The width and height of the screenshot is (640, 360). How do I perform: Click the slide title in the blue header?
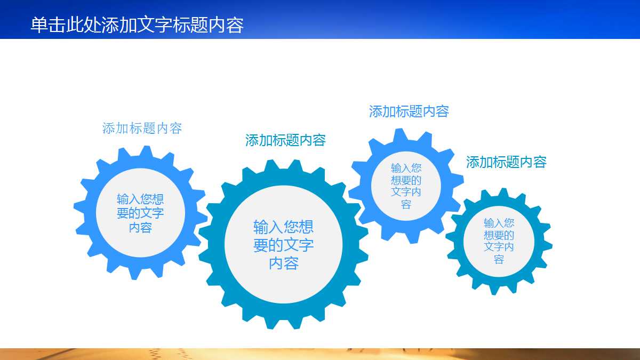[x=137, y=25]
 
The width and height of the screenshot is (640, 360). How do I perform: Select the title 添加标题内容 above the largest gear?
[x=285, y=140]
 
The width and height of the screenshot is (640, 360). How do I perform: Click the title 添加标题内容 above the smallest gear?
[x=506, y=162]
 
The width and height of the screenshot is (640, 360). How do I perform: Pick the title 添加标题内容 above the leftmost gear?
[x=142, y=128]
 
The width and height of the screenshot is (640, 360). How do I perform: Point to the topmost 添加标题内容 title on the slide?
[x=409, y=111]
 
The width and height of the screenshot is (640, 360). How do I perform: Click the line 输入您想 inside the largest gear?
[x=283, y=227]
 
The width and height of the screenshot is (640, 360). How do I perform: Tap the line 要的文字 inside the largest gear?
[x=283, y=245]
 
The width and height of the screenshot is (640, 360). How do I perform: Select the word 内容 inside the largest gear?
[x=283, y=263]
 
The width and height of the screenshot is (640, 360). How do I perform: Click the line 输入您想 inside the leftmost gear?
[x=140, y=199]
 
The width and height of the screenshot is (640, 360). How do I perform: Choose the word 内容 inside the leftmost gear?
[x=140, y=228]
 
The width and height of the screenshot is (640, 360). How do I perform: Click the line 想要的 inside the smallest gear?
[x=499, y=235]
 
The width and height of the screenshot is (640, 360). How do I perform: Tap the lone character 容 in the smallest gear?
[x=499, y=260]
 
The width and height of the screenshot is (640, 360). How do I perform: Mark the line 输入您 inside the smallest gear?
[x=499, y=223]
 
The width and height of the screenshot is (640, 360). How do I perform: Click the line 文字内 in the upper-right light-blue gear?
[x=406, y=192]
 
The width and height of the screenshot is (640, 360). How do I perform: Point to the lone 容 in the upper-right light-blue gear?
[x=406, y=205]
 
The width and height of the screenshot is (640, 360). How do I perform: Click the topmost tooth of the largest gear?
[x=283, y=164]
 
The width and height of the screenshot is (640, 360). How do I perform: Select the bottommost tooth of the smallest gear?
[x=495, y=289]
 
